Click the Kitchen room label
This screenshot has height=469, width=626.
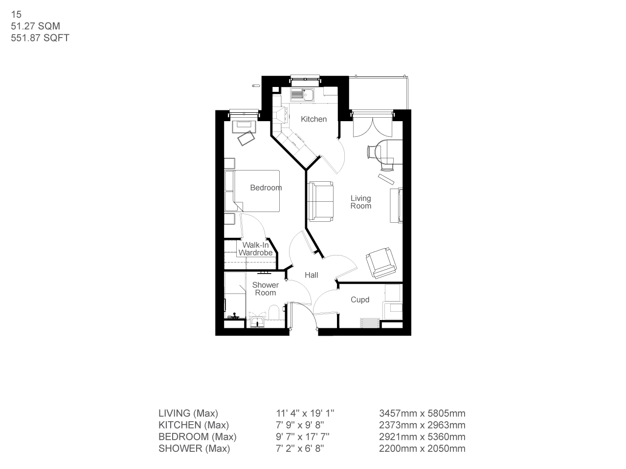[313, 119]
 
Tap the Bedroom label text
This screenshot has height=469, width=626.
[266, 188]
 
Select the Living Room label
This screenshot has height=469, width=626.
[361, 202]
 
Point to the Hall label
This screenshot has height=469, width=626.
[312, 275]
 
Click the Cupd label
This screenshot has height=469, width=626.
[360, 300]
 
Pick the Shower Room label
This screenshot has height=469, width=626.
[266, 289]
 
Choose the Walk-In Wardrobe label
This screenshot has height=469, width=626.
[255, 249]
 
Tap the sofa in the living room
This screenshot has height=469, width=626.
[321, 201]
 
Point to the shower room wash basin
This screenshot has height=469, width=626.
[257, 321]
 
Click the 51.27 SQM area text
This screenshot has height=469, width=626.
[35, 26]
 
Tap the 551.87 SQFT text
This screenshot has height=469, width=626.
[40, 38]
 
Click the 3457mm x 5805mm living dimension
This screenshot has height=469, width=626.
[422, 413]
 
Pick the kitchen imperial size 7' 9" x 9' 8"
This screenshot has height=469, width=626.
[299, 425]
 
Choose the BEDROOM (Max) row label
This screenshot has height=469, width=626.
[197, 437]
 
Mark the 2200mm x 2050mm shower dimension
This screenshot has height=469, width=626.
[422, 448]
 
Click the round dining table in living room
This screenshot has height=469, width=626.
[389, 151]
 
